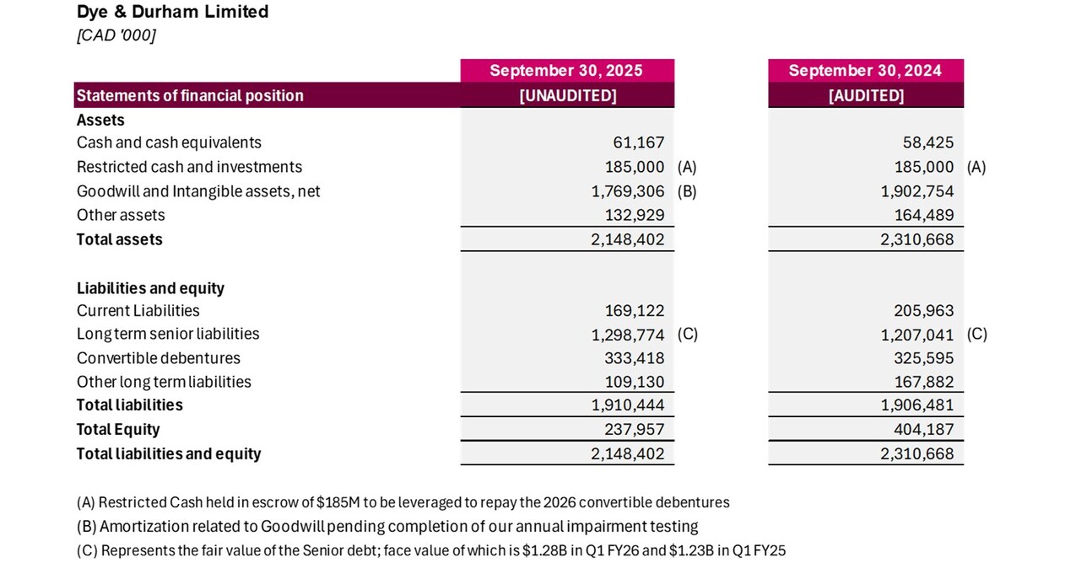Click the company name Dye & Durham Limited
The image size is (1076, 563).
tap(172, 12)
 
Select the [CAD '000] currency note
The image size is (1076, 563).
tap(116, 35)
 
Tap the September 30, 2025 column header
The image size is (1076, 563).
tap(566, 71)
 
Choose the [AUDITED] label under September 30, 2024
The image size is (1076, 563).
tap(866, 95)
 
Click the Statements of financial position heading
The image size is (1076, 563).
tap(190, 95)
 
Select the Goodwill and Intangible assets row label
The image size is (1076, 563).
tap(198, 191)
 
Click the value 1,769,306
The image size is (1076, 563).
tap(627, 191)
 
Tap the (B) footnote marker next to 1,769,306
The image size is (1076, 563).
tap(687, 191)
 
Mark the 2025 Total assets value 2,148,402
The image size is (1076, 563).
tap(627, 239)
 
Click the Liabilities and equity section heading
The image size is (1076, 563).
tap(150, 288)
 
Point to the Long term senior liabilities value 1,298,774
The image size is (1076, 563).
tap(627, 335)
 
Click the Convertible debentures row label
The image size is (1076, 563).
tap(158, 358)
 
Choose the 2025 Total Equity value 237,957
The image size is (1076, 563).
tap(634, 430)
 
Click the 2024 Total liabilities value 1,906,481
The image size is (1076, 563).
tap(917, 405)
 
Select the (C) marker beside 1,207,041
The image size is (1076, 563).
tap(976, 334)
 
